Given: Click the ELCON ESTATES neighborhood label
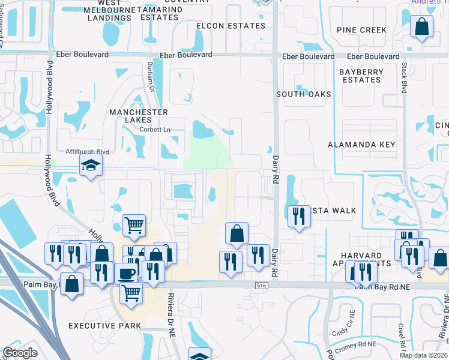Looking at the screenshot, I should pos(231,26).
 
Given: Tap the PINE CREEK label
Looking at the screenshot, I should pos(361,30).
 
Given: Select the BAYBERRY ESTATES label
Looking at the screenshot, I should pos(361,76).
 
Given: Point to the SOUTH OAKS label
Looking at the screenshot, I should pos(304,94).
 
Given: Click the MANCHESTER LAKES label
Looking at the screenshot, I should pos(138,116).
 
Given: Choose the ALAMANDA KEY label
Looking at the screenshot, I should pos(362,145).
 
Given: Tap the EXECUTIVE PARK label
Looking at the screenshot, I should pos(104,326).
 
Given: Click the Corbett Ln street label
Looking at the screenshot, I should pos(155,130).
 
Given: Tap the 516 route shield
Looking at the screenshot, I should pos(260,286).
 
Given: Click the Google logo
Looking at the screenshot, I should pos(20,353).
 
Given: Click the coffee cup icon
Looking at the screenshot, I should pos(126,274).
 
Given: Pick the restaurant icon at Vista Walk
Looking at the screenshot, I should pos(299,215).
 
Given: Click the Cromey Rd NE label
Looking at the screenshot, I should pos(355,344).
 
